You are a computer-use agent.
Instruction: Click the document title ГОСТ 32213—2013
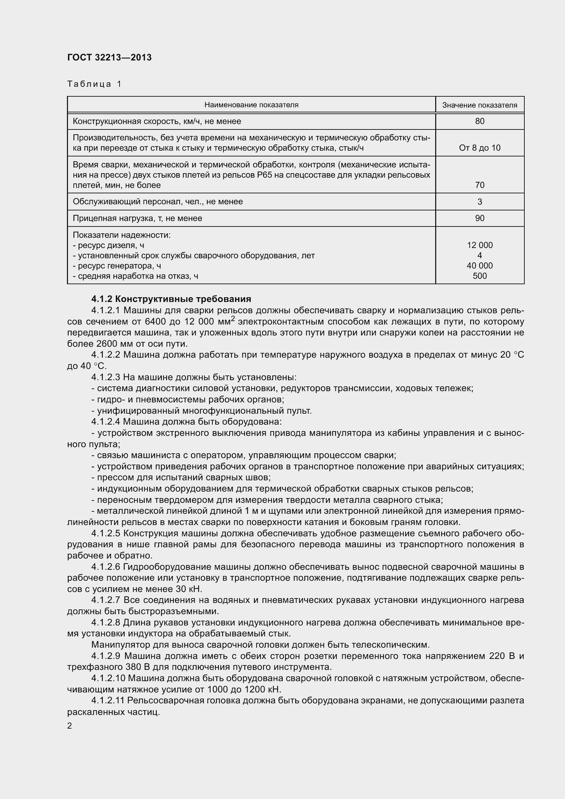109,57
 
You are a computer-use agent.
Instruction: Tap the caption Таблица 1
94,84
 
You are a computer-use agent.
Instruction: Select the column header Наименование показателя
251,105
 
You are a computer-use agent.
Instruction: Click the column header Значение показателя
479,105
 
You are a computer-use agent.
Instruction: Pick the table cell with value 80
479,121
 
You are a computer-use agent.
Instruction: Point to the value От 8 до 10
479,148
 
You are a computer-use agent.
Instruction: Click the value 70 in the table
479,185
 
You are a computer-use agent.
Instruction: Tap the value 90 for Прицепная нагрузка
479,218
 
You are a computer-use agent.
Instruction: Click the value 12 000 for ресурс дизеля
479,245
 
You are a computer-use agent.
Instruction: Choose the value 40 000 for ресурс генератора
479,265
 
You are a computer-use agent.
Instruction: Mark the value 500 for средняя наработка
479,276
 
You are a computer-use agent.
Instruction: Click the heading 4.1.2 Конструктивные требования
171,299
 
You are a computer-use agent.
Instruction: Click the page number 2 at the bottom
70,726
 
